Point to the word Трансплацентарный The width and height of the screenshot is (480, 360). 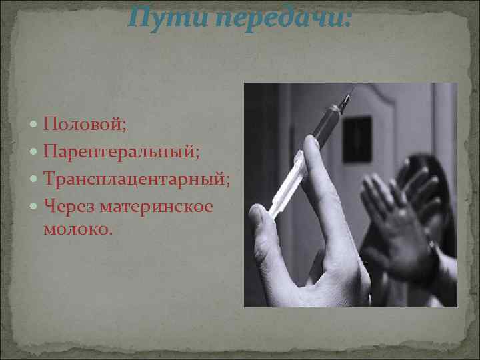pyautogui.click(x=137, y=179)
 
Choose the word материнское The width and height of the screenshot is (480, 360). pyautogui.click(x=157, y=207)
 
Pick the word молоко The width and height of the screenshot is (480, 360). pyautogui.click(x=78, y=229)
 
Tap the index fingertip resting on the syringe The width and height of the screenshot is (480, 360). pyautogui.click(x=311, y=143)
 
